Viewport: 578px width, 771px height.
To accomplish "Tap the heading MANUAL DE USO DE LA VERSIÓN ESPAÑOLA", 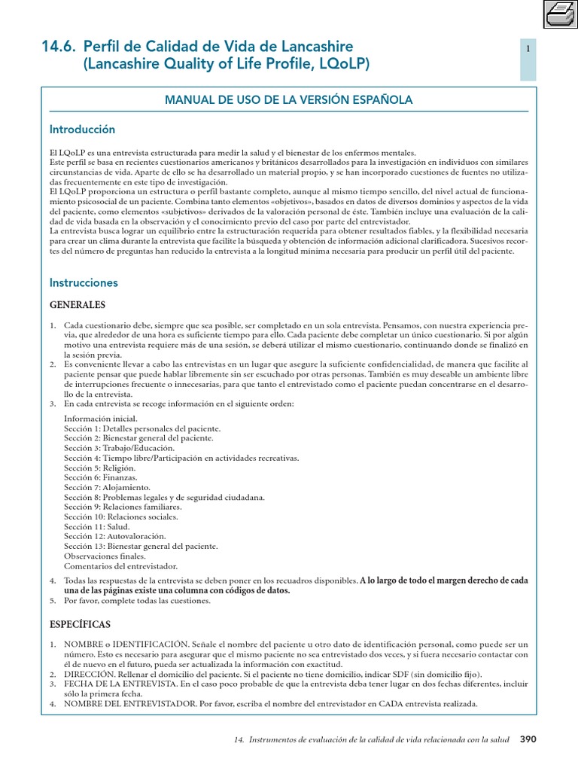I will (x=288, y=100).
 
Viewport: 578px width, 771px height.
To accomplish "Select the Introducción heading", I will (x=82, y=130).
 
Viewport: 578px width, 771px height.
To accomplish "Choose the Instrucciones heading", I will (x=84, y=283).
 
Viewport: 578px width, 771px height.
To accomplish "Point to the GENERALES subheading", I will (x=78, y=305).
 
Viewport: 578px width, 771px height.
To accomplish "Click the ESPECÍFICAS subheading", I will (x=80, y=625).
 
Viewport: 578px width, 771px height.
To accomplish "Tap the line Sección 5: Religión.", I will (x=99, y=468).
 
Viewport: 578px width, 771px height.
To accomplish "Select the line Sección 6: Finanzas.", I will (x=101, y=477).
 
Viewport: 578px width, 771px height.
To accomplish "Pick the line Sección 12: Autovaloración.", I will (x=115, y=536).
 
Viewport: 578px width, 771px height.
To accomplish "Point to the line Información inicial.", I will (x=101, y=419).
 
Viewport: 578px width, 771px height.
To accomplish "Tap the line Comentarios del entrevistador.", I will (x=120, y=565).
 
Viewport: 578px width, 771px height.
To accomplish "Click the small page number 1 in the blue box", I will (x=528, y=49).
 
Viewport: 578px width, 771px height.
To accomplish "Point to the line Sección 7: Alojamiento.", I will (x=107, y=487).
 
